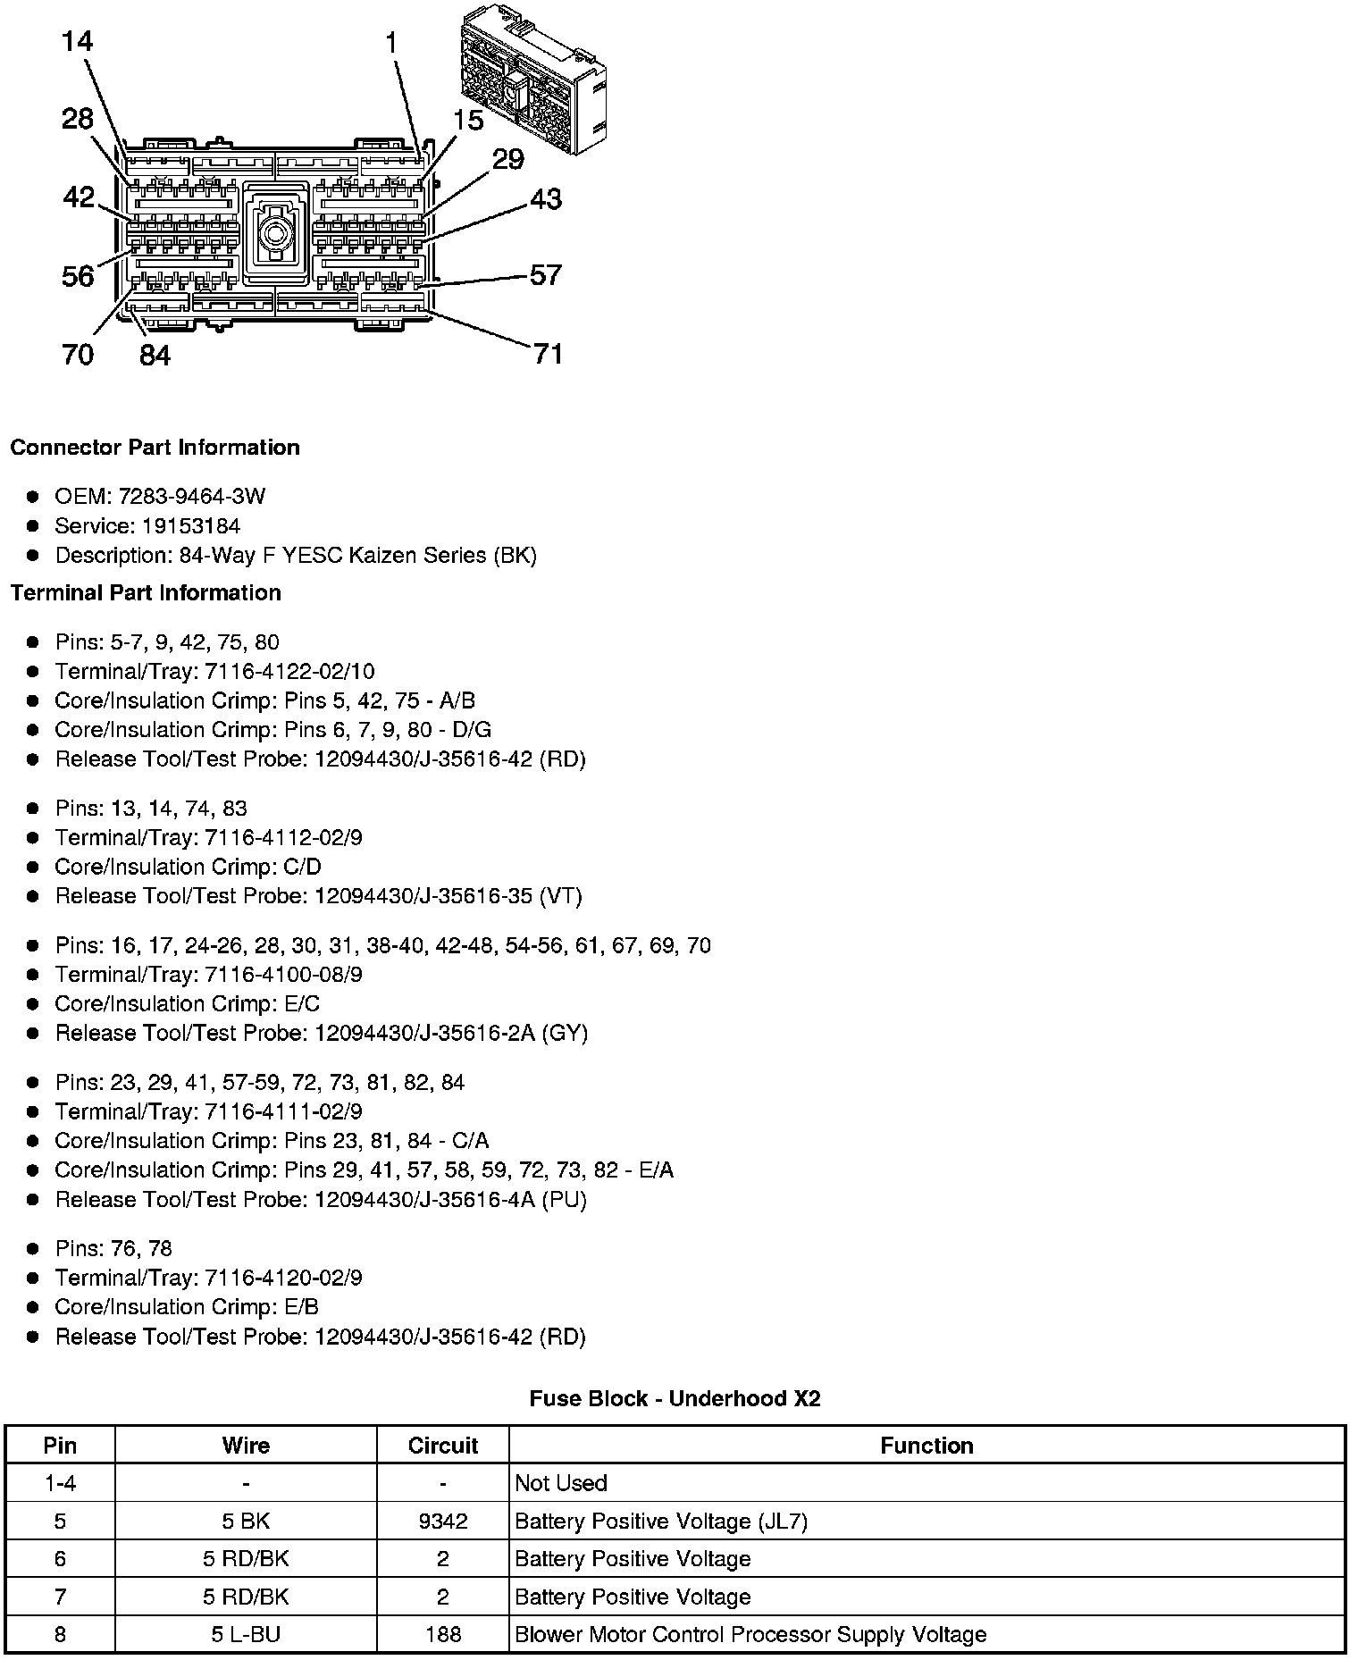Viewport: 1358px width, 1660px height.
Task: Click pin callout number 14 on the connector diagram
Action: pos(78,41)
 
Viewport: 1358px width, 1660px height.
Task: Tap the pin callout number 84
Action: pos(155,356)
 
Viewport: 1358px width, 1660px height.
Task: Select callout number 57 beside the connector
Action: pos(546,274)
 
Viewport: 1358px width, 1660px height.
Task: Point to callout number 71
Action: pos(548,354)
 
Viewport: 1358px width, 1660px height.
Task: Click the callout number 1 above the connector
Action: pos(391,41)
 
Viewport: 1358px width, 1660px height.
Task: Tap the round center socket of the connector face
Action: pos(275,235)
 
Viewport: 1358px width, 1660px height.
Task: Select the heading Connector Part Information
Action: pos(155,448)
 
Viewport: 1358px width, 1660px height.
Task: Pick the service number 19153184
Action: pos(191,526)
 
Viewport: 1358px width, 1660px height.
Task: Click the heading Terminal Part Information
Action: pos(146,593)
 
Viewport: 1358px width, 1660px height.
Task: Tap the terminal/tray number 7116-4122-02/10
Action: pos(289,672)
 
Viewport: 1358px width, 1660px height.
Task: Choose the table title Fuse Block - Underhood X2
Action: pos(675,1398)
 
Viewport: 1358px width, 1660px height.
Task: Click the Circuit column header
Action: pos(442,1446)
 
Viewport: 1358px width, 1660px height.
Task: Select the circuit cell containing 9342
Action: pos(442,1522)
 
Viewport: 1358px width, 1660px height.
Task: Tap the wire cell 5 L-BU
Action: pos(246,1635)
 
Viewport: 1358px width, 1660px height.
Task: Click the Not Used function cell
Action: pos(561,1483)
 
